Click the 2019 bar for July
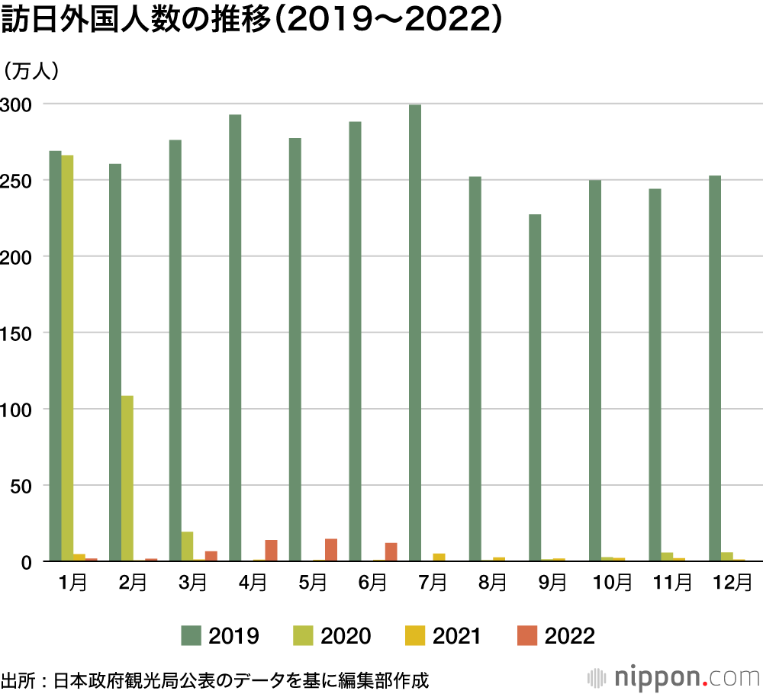415,333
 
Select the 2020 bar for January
67,358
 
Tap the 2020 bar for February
127,478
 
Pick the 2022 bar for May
330,550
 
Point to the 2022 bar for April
271,551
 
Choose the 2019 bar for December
715,368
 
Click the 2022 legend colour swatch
526,635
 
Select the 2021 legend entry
443,635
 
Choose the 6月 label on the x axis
372,583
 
